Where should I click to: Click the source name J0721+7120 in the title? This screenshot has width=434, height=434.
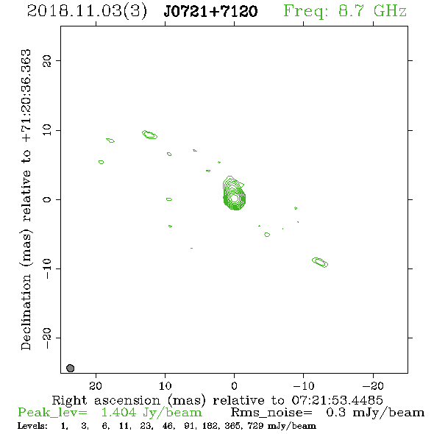click(210, 11)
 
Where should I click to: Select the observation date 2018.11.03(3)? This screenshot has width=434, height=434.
click(87, 12)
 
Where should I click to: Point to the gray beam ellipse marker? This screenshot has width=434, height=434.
click(71, 368)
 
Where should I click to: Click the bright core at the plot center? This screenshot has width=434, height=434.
click(234, 198)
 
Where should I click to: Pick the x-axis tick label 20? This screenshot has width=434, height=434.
click(96, 385)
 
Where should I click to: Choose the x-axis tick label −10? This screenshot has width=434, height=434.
click(303, 385)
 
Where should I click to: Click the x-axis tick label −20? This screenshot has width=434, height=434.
click(373, 385)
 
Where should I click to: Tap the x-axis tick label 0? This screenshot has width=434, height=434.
click(234, 385)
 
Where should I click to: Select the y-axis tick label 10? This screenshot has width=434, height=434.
click(47, 129)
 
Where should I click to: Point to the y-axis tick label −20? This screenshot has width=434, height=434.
click(47, 338)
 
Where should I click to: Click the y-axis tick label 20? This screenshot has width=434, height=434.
click(47, 60)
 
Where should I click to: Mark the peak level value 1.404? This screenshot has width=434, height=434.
click(118, 413)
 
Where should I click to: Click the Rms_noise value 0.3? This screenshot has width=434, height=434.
click(336, 413)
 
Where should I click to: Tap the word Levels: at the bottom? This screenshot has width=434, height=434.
click(32, 426)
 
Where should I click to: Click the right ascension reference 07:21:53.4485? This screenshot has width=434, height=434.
click(337, 400)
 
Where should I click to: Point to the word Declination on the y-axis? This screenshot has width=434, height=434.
click(26, 312)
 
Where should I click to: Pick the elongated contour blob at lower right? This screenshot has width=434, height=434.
click(320, 262)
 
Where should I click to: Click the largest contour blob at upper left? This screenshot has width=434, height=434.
click(150, 135)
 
